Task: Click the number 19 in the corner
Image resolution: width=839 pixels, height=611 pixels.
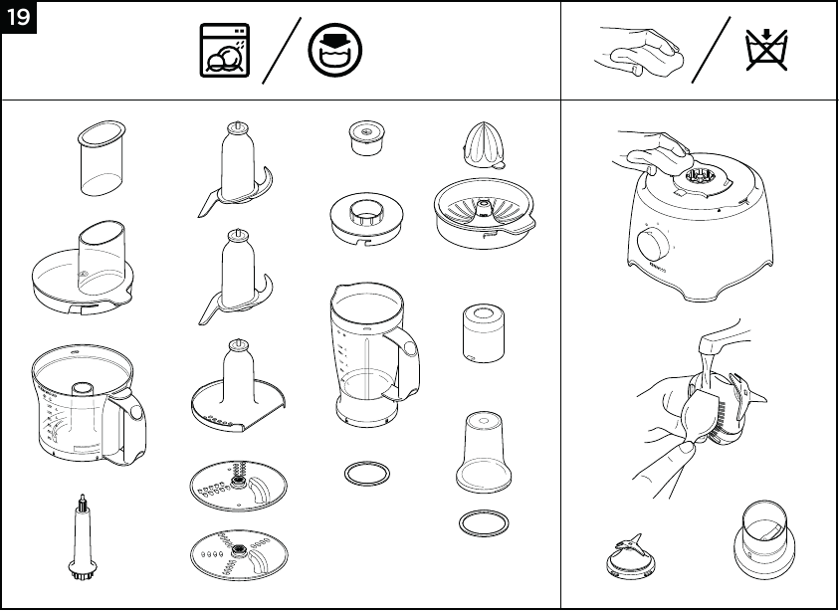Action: (19, 18)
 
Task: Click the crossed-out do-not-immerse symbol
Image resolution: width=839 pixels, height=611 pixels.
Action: (766, 49)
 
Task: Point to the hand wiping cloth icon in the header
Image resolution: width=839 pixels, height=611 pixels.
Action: (632, 49)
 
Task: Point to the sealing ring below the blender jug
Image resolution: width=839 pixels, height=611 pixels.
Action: (366, 473)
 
